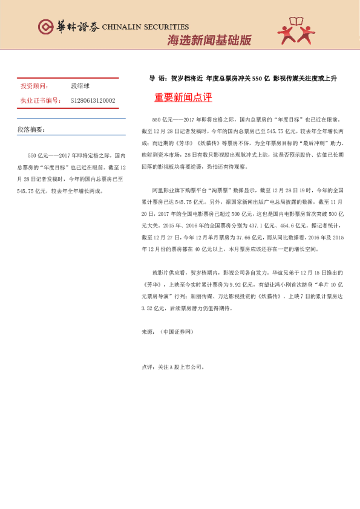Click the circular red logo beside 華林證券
[45, 27]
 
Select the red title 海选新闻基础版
[209, 41]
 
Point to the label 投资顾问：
[33, 86]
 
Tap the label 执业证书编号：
[41, 100]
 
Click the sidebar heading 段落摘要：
[31, 130]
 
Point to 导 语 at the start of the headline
[157, 79]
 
